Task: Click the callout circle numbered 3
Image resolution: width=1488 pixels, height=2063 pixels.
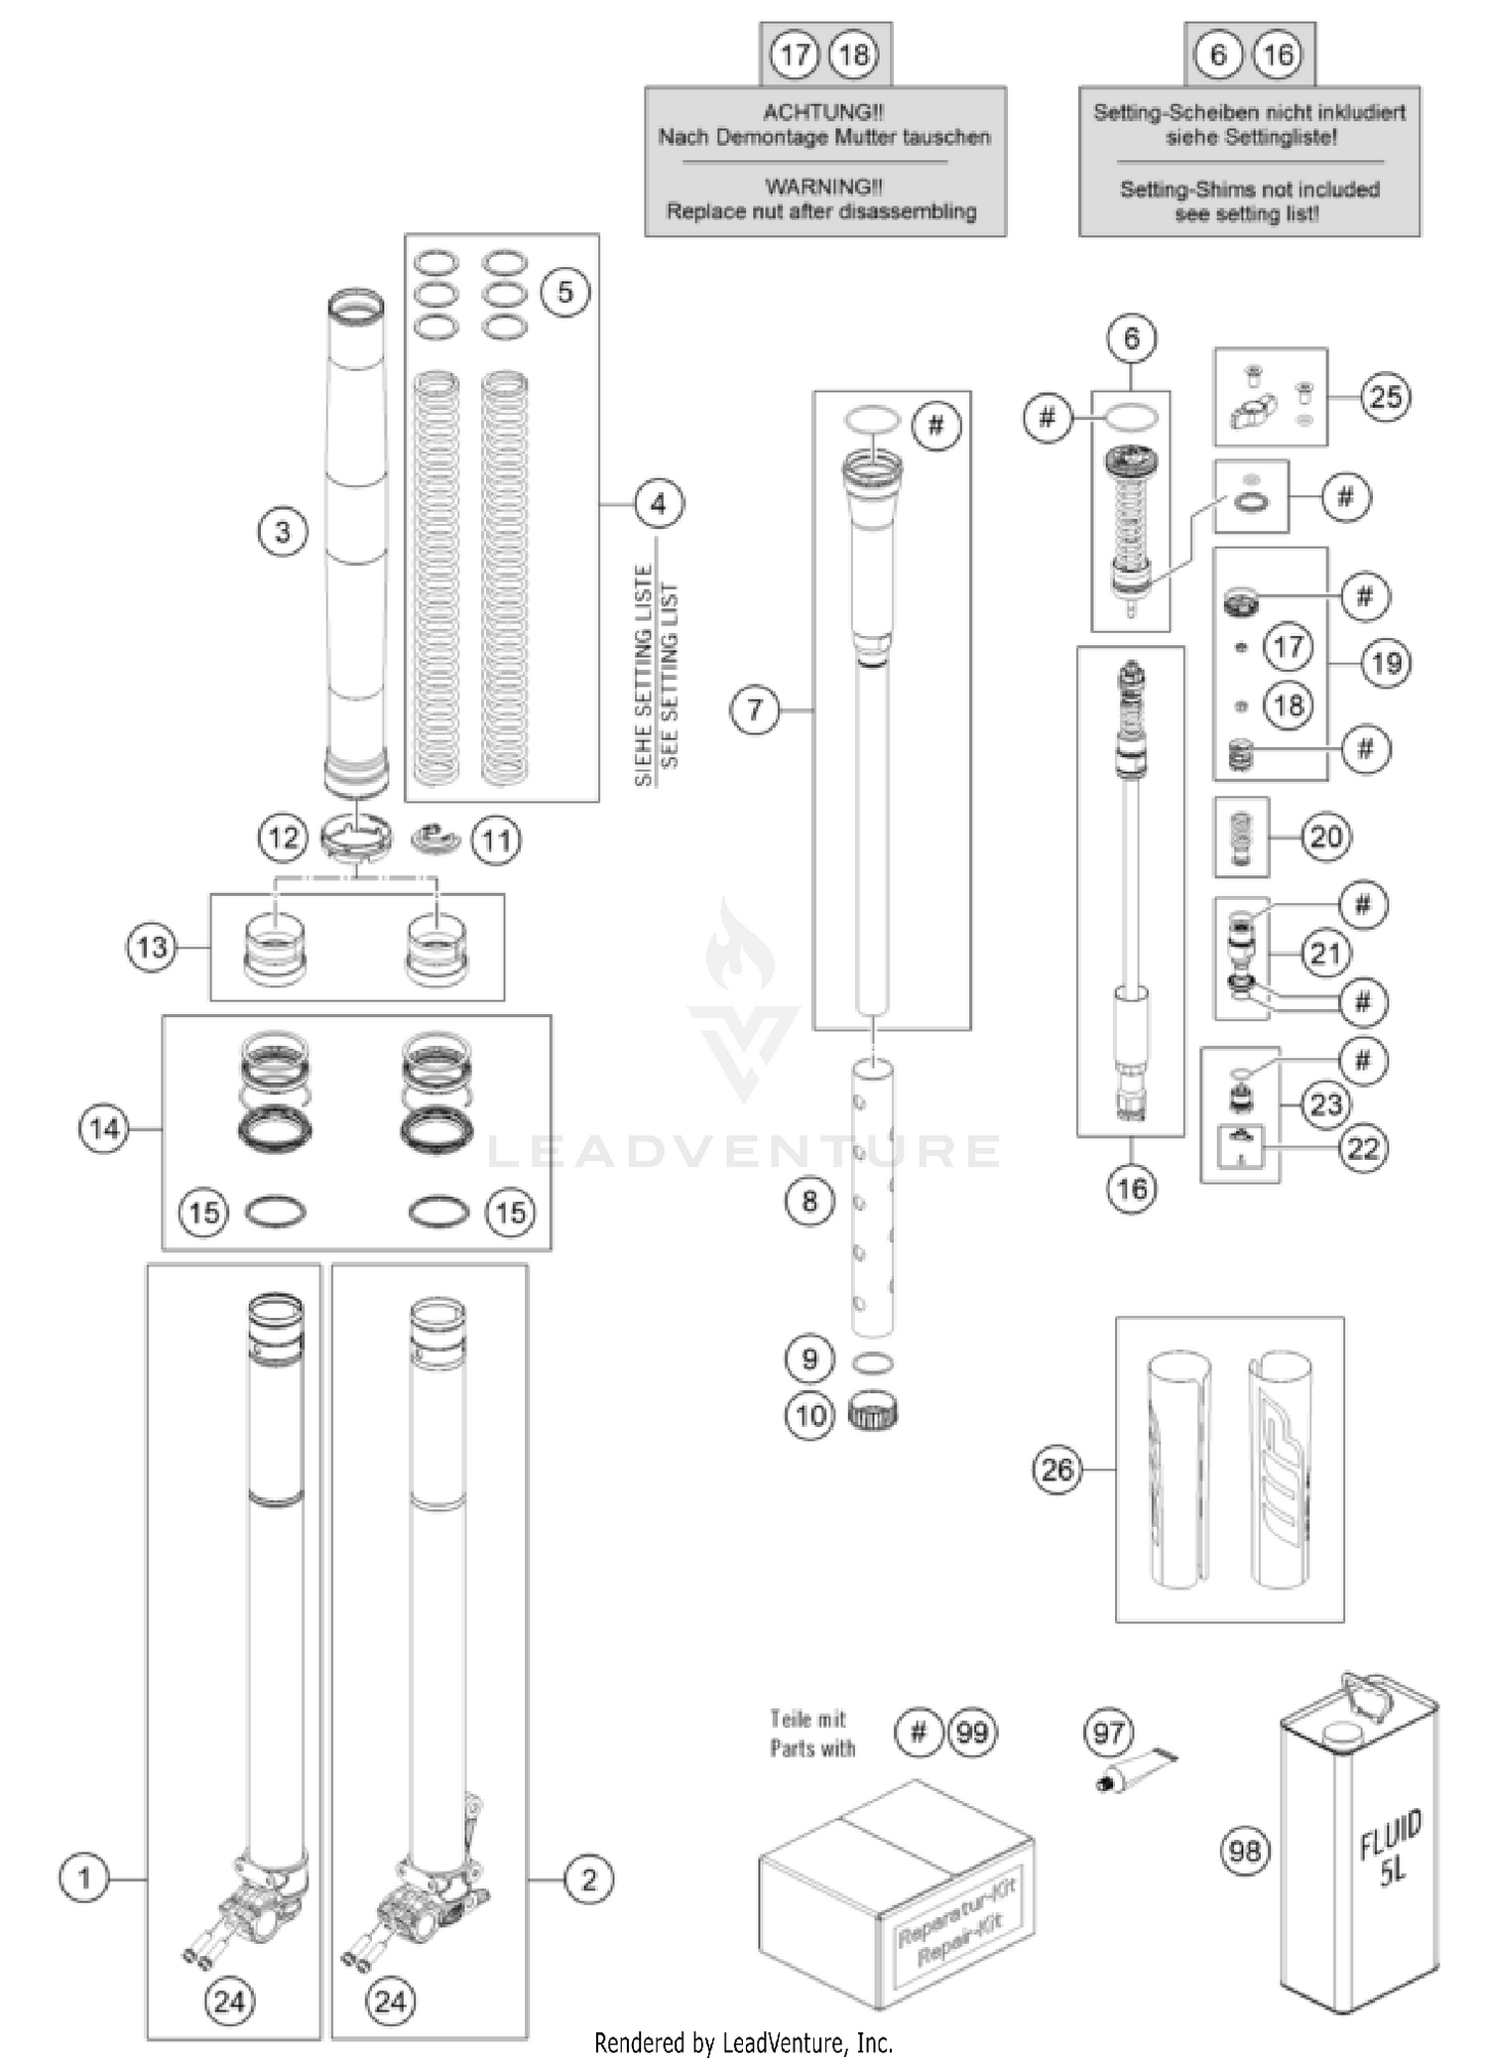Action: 283,532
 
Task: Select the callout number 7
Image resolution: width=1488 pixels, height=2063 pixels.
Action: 755,710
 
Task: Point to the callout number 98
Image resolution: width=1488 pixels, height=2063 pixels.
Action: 1245,1851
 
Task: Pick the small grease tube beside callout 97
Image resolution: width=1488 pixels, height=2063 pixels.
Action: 1137,1769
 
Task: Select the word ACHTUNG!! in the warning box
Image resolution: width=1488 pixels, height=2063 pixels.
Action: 822,112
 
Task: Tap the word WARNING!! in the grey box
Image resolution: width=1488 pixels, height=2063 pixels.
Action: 822,187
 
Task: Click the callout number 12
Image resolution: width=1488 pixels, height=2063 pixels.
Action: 283,839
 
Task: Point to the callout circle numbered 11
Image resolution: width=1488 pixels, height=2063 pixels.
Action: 495,841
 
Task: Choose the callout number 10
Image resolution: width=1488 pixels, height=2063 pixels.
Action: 809,1415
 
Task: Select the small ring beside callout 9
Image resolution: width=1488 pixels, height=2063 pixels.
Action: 872,1362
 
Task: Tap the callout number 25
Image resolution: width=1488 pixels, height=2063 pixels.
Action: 1385,397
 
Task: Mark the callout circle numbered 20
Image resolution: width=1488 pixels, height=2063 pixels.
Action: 1325,838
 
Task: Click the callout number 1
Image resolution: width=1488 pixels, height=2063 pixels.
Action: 83,1878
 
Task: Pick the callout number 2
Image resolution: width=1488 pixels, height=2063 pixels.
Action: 588,1878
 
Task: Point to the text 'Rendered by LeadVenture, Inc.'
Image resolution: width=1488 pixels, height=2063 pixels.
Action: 743,2043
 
